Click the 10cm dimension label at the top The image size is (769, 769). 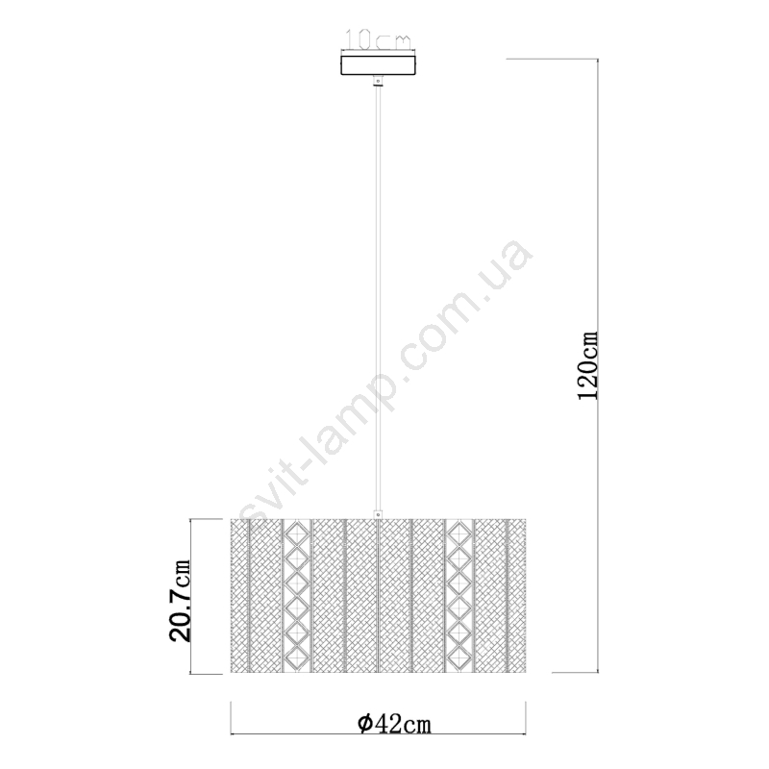point(379,39)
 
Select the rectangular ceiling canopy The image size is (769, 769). point(378,64)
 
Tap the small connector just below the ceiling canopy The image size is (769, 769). point(378,81)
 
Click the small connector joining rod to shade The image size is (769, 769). point(378,514)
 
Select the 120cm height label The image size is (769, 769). point(587,365)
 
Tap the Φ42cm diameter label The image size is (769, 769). point(395,724)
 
